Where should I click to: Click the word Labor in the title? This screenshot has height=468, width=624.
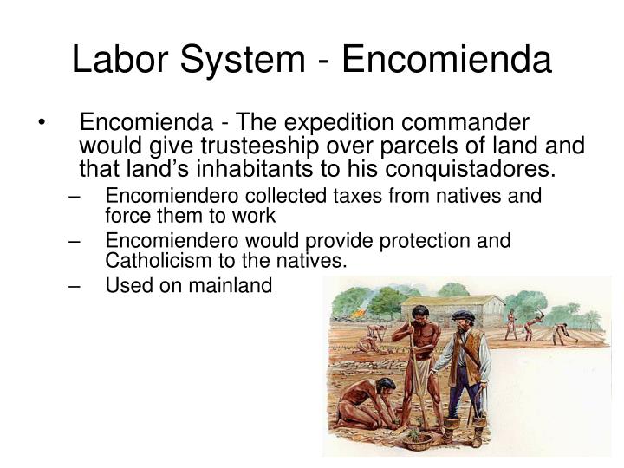click(120, 59)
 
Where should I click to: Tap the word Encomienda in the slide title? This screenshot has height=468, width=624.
click(446, 59)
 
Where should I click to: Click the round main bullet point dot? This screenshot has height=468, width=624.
click(42, 122)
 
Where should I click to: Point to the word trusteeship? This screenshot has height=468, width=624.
click(259, 146)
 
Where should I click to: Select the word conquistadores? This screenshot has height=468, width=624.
click(470, 169)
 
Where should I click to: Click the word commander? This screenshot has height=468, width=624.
click(465, 122)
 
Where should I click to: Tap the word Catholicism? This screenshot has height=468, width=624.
click(159, 261)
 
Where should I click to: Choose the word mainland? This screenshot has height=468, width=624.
click(230, 285)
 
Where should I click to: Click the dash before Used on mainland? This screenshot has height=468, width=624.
click(75, 286)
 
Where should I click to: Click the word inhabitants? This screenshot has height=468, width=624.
click(254, 169)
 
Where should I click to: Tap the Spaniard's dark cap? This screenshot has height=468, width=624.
click(463, 315)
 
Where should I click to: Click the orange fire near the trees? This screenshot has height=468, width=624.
click(358, 313)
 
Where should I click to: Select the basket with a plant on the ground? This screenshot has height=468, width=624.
click(417, 440)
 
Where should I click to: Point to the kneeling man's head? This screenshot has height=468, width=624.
click(385, 386)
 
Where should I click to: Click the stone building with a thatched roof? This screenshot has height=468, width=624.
click(452, 310)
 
